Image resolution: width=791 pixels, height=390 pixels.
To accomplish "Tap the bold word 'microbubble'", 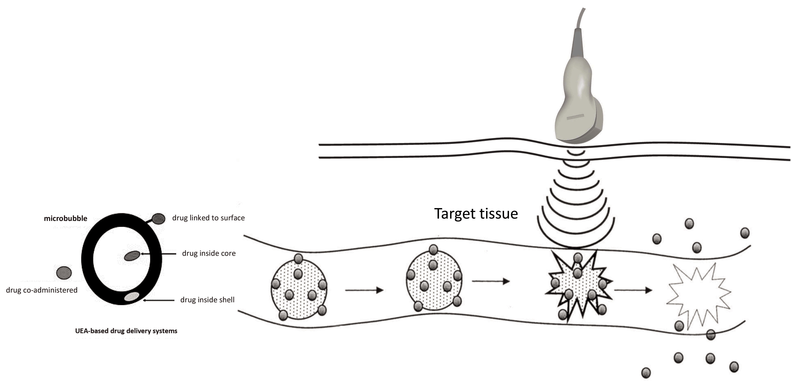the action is [65, 219].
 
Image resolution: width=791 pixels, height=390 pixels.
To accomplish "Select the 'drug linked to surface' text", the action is [208, 218].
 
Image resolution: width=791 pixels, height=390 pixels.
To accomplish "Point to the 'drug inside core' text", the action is [209, 253].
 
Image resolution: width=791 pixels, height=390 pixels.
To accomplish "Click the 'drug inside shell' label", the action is [207, 300].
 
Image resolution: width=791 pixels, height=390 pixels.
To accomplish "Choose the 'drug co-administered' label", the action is [42, 290].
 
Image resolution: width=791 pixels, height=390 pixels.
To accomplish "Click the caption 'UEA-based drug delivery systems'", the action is [126, 331].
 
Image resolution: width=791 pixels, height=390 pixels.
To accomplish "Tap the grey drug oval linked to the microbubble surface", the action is [158, 219].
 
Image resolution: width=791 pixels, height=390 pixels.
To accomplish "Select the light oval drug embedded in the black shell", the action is [132, 297].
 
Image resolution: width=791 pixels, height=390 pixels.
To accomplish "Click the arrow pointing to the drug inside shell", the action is [159, 300].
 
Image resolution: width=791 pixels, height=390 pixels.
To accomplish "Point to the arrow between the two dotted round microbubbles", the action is [364, 290].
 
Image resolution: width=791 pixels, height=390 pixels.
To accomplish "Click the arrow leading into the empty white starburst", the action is [633, 290].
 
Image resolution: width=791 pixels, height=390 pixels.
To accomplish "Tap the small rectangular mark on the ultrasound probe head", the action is [575, 117].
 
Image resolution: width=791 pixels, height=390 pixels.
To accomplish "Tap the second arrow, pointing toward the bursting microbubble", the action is [491, 281].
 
